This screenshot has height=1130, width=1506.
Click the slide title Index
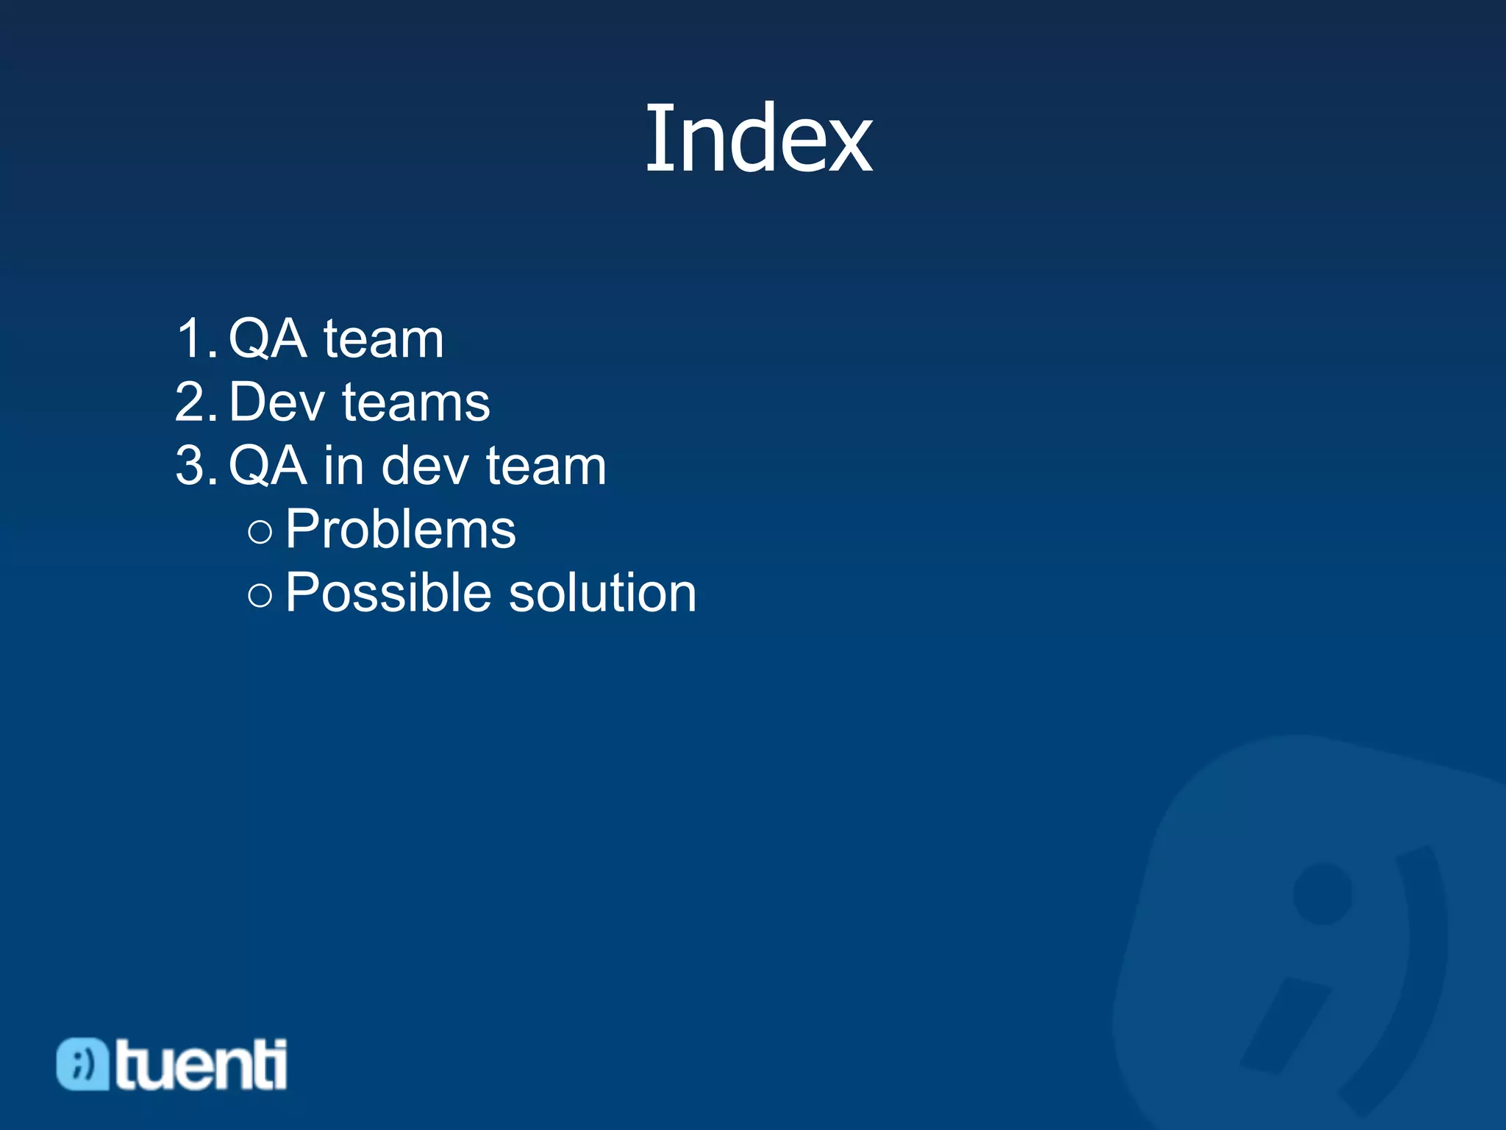click(758, 138)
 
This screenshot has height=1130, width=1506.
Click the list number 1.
click(196, 339)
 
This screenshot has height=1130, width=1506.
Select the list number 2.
click(196, 402)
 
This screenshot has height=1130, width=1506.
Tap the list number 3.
click(196, 466)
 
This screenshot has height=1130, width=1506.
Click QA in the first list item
click(268, 339)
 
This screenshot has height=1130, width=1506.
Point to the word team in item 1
click(383, 339)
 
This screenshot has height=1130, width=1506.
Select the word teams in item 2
click(416, 402)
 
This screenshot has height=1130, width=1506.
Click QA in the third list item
click(268, 466)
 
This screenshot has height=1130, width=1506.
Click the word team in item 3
click(546, 466)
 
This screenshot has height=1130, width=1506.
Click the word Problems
click(401, 529)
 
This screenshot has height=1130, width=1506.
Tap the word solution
click(602, 592)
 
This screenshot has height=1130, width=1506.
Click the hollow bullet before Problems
click(260, 531)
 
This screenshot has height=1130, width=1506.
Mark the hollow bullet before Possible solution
click(260, 594)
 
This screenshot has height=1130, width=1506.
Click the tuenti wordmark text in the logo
click(201, 1064)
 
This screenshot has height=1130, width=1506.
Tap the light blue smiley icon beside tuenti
click(82, 1064)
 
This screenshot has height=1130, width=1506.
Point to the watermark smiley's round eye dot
click(1322, 893)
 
